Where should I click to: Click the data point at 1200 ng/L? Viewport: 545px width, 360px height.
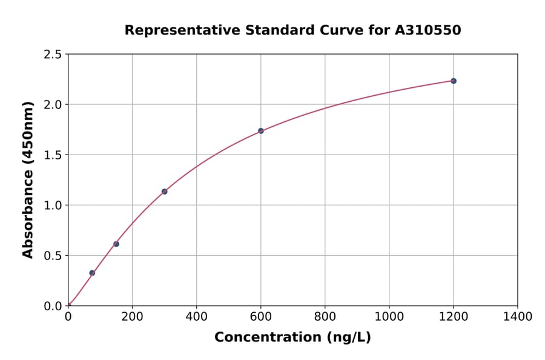pos(453,81)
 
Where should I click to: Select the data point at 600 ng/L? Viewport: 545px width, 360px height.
pos(260,131)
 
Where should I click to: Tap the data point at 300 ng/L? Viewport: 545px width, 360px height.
pos(164,192)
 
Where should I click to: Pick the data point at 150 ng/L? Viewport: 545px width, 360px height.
pos(116,244)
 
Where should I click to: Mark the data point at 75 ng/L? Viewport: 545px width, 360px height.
pos(92,273)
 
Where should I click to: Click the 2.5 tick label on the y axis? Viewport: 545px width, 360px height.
pos(53,55)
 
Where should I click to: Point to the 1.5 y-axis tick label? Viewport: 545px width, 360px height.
pos(53,155)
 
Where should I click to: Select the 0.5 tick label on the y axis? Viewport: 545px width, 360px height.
pos(53,256)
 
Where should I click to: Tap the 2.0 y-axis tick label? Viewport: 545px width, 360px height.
pos(53,105)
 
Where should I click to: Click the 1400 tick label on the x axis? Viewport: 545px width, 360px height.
pos(517,316)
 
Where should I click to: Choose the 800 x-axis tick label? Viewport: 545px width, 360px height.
pos(325,316)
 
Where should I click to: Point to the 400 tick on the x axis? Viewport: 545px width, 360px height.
pos(196,316)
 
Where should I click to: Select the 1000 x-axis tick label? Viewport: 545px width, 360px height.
pos(389,316)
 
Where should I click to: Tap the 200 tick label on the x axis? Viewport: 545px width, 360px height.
pos(132,316)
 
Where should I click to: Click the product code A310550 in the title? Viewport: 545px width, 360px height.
pos(428,30)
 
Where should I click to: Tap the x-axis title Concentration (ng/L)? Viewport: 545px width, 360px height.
pos(292,338)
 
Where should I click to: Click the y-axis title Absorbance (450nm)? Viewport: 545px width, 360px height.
pos(28,179)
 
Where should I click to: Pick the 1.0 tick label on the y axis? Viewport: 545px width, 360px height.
pos(53,205)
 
